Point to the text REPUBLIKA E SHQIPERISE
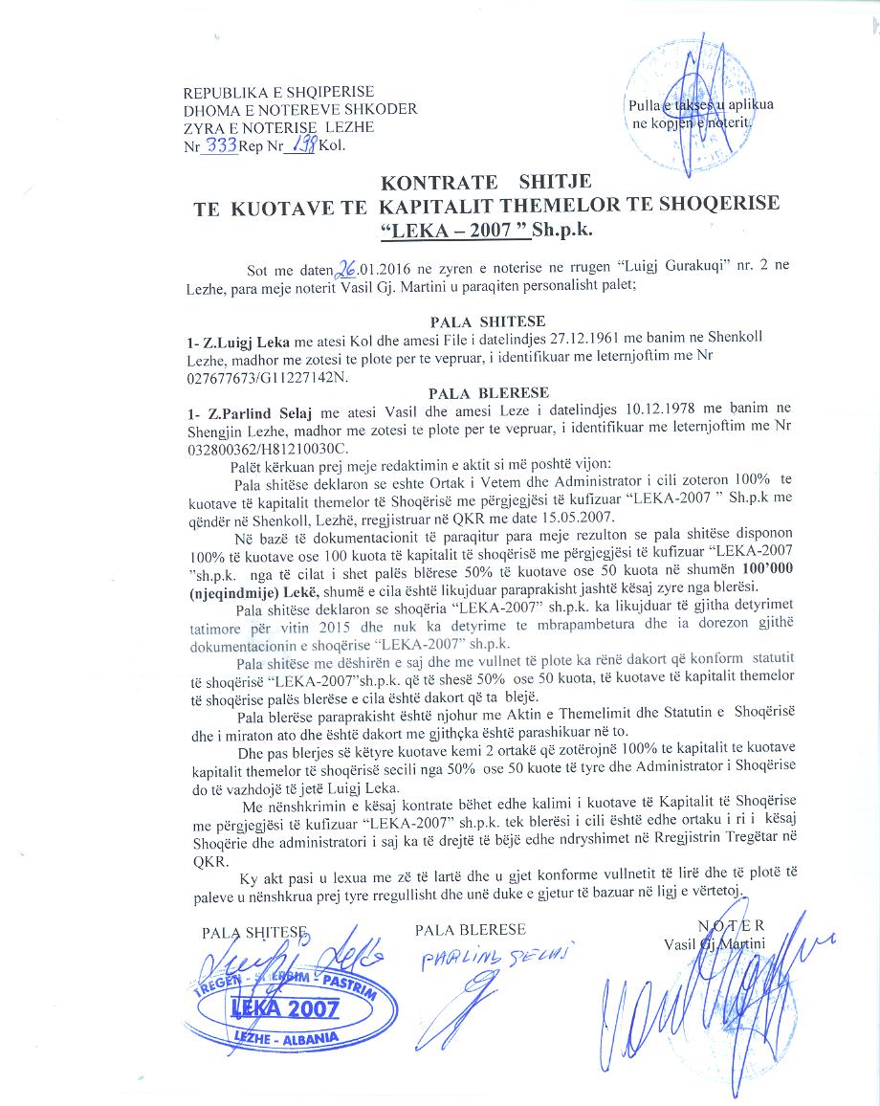(x=278, y=92)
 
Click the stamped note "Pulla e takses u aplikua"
(x=699, y=106)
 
